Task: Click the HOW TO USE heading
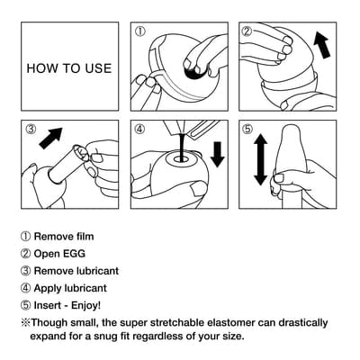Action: (x=68, y=68)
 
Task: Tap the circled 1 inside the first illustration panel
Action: (x=139, y=31)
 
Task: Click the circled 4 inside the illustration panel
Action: (x=139, y=129)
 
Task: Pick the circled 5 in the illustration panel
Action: (x=247, y=129)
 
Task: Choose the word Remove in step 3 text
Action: (x=56, y=271)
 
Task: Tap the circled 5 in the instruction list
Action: (x=25, y=305)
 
